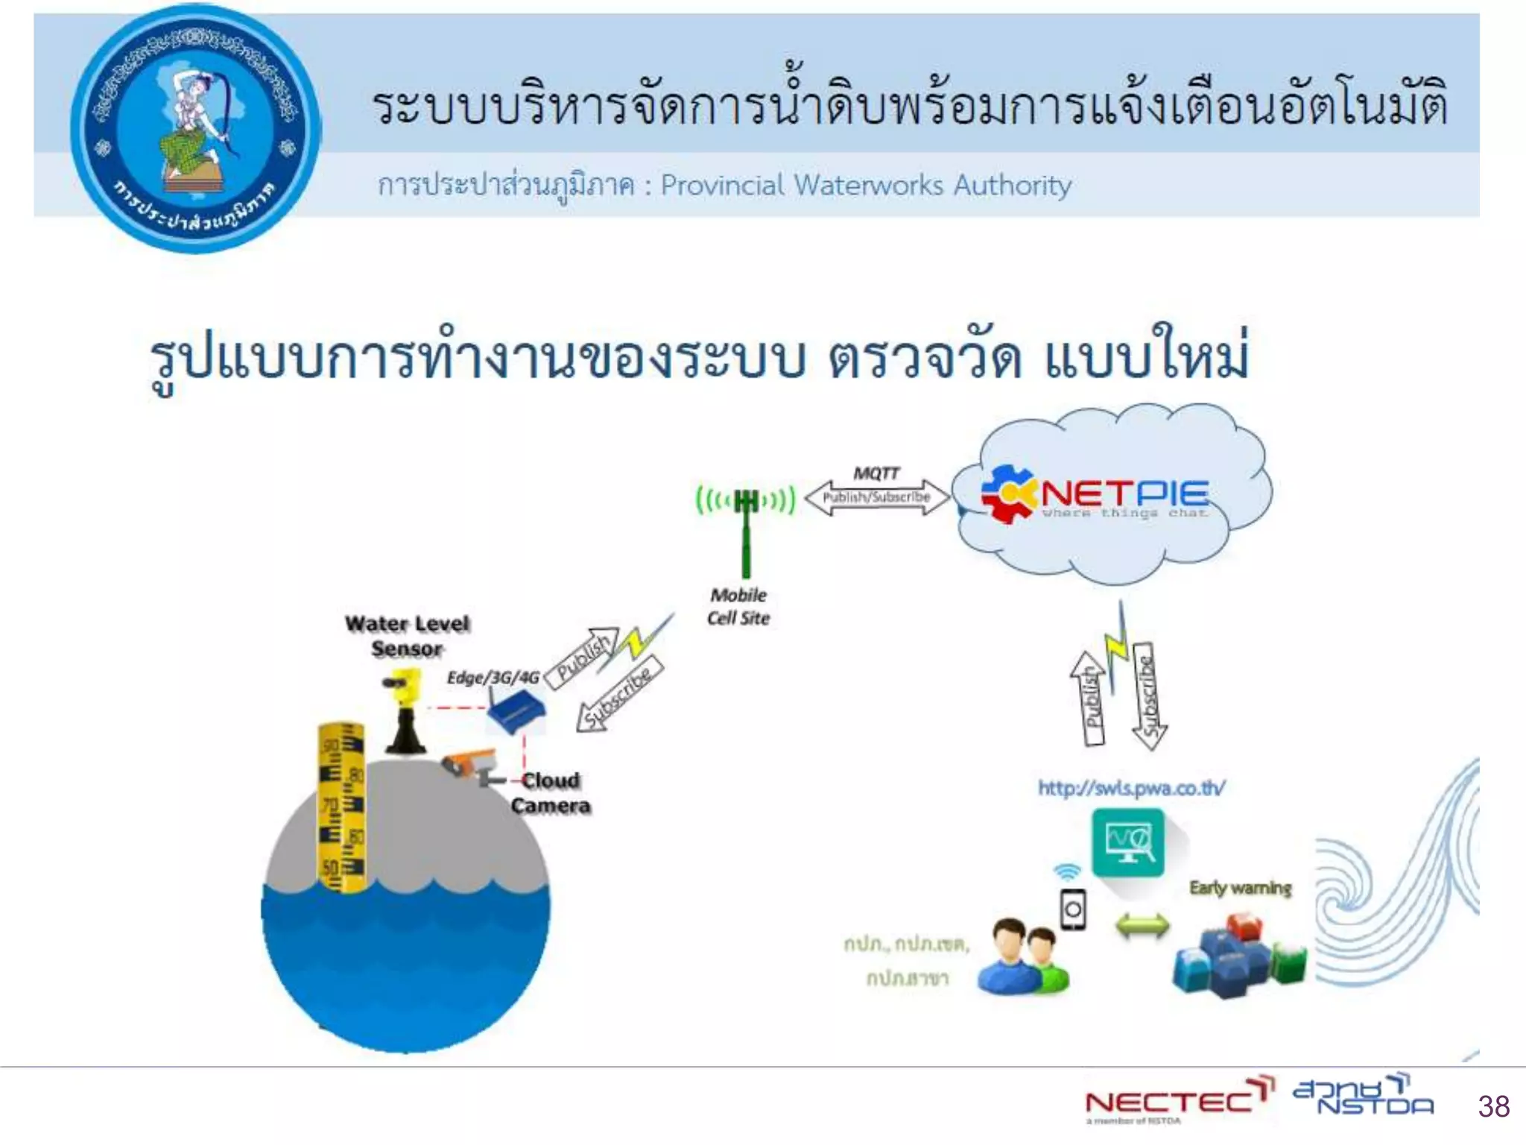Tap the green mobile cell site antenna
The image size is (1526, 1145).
click(745, 522)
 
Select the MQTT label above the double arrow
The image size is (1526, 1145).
click(876, 473)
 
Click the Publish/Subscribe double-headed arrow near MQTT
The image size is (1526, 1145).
click(877, 497)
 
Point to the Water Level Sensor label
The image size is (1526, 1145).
click(407, 636)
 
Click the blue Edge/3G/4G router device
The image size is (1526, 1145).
click(516, 711)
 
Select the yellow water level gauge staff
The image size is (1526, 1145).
click(341, 805)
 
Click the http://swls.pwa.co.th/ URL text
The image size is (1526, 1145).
click(1131, 788)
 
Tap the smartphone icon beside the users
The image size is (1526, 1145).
click(1073, 909)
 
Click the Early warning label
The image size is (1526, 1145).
click(1240, 888)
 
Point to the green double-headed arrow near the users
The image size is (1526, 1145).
click(1142, 927)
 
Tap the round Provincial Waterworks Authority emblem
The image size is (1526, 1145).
click(195, 128)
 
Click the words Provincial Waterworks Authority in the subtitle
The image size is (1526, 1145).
click(866, 185)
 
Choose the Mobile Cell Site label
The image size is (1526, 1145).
click(738, 606)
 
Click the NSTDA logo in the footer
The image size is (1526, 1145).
click(1364, 1096)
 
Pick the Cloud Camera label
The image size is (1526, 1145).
click(551, 793)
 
